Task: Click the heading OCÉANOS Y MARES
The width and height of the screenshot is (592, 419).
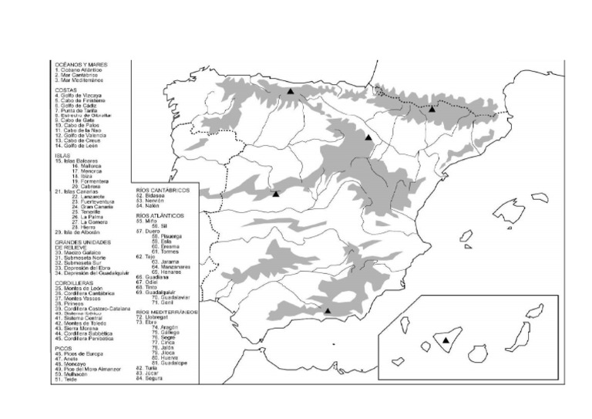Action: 81,64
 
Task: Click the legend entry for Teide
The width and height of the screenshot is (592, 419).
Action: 67,380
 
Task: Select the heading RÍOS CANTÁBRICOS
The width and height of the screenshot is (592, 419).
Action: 163,189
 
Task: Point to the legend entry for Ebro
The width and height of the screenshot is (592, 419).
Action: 146,322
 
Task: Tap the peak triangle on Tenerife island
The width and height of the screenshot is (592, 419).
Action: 446,340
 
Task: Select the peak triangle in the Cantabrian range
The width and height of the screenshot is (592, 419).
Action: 291,91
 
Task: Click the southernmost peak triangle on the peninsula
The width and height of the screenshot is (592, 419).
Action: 328,311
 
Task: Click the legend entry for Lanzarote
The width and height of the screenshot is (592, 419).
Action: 88,196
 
